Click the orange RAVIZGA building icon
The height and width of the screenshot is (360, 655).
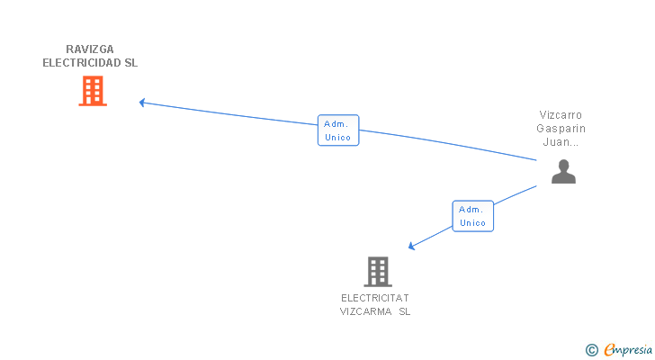[x=93, y=91]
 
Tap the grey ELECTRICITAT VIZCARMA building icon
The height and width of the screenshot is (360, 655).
[x=378, y=271]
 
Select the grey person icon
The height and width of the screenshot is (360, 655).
[x=563, y=171]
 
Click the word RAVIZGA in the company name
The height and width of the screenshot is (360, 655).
[x=90, y=49]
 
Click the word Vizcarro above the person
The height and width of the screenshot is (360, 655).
[x=561, y=115]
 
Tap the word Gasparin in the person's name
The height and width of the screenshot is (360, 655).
[x=561, y=129]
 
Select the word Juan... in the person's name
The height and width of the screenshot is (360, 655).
[x=561, y=142]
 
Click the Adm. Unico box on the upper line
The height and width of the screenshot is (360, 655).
[x=338, y=130]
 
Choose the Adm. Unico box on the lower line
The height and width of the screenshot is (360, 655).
[x=472, y=216]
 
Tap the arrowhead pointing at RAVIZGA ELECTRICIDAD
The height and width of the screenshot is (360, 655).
[x=142, y=103]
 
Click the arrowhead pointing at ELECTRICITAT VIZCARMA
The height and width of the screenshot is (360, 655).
[x=411, y=246]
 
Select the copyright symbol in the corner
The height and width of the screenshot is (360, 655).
[x=591, y=349]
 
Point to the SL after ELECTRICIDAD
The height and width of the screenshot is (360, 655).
[x=131, y=63]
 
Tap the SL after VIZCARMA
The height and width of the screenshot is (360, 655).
[x=404, y=311]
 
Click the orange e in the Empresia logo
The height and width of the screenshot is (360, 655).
[x=609, y=349]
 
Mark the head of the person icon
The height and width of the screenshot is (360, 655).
[x=563, y=165]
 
